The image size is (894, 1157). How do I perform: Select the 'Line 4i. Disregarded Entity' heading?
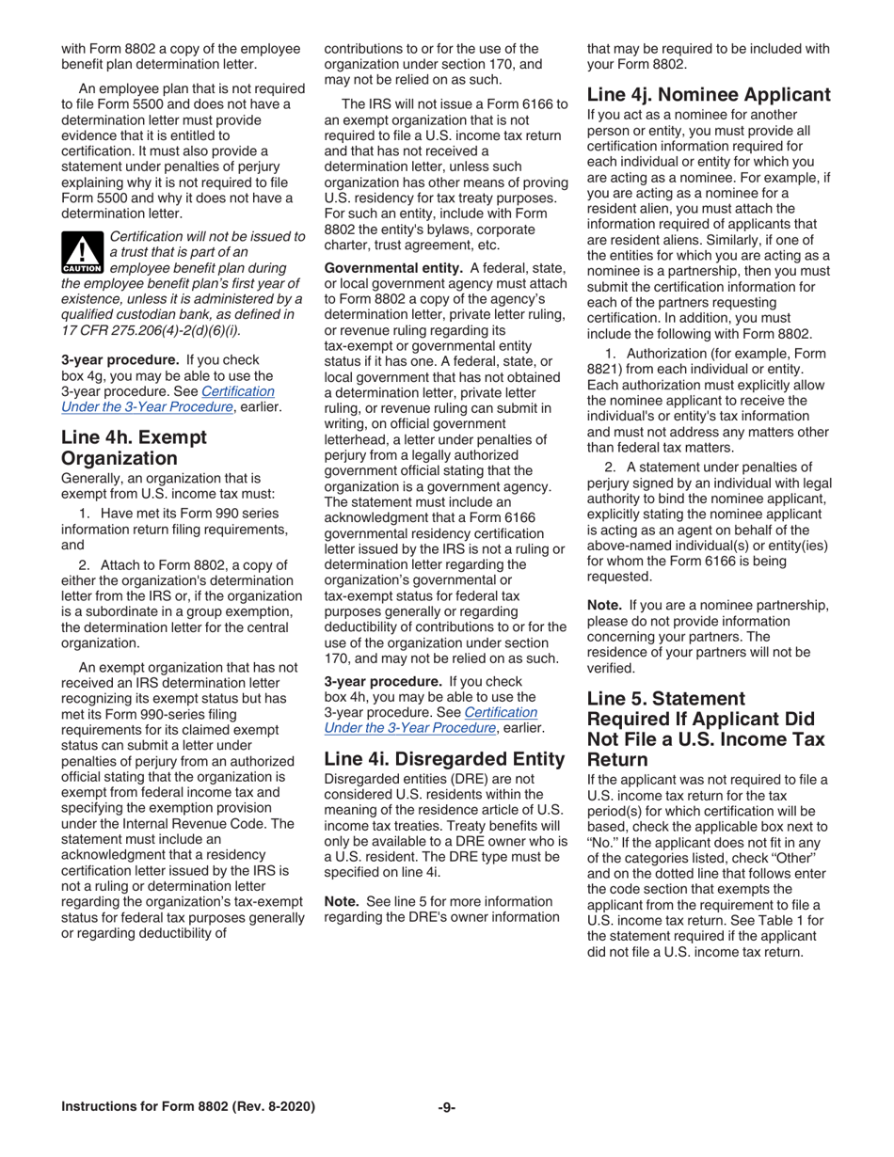444,758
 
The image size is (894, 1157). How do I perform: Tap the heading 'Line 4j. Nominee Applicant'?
709,94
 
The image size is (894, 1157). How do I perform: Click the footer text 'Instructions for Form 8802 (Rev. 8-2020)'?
188,1107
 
